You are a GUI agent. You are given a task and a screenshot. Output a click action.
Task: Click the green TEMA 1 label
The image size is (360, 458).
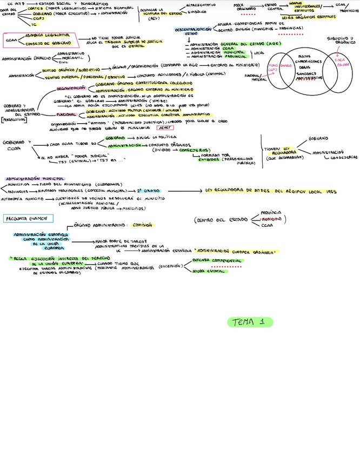pyautogui.click(x=250, y=322)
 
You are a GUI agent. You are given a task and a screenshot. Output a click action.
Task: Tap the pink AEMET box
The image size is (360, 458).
pyautogui.click(x=163, y=128)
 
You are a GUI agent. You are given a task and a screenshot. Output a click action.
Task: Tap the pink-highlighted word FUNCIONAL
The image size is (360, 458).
pyautogui.click(x=66, y=114)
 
